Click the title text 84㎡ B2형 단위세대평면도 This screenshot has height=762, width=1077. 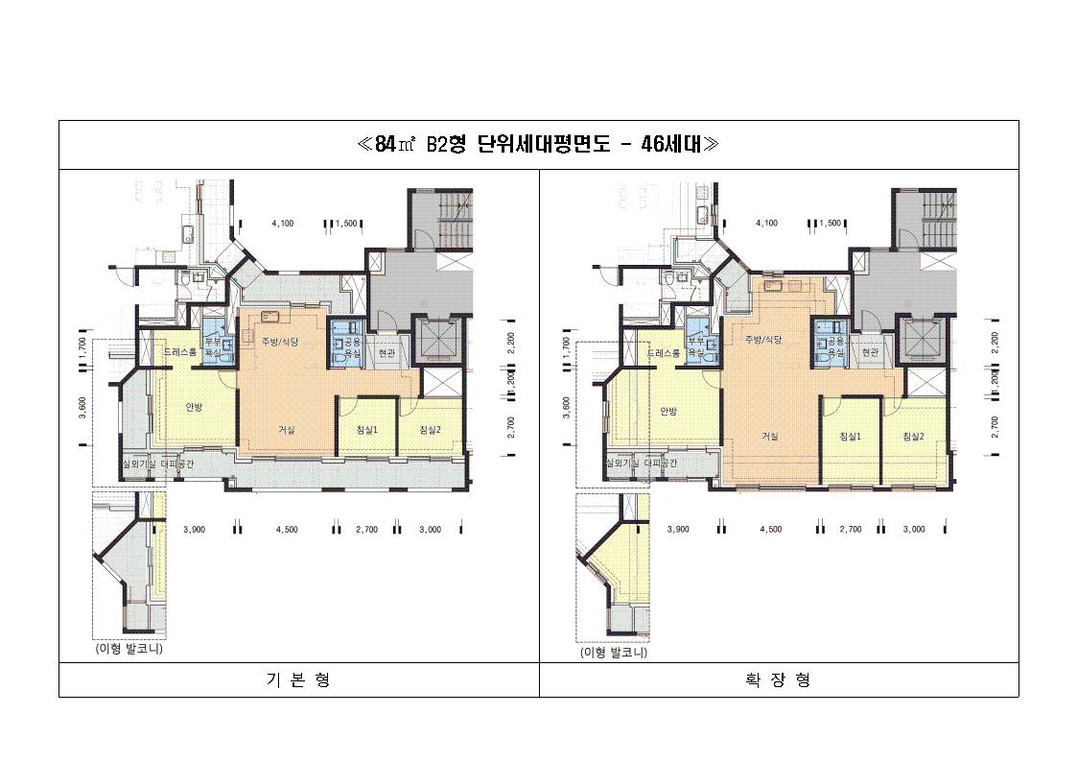point(538,144)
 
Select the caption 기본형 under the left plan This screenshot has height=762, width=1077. point(297,679)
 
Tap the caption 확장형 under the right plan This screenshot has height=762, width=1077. point(778,679)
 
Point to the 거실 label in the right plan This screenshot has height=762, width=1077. point(769,436)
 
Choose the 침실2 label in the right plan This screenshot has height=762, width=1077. point(913,436)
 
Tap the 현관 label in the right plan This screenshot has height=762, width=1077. point(870,352)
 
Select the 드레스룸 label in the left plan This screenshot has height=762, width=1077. point(179,352)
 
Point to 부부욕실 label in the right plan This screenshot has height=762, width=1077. point(695,346)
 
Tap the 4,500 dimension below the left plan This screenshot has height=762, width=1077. point(287,529)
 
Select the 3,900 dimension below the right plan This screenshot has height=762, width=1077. point(678,529)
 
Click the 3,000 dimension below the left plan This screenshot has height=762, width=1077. point(430,529)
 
